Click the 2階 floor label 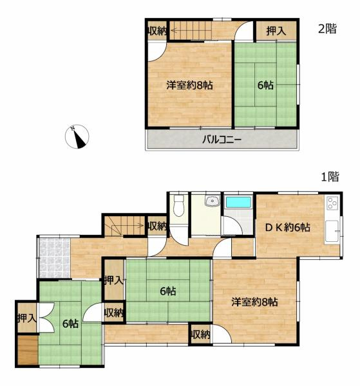click(x=327, y=28)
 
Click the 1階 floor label click(x=330, y=176)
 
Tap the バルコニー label click(x=221, y=139)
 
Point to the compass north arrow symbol click(x=78, y=137)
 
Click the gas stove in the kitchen click(x=332, y=204)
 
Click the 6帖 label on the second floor click(x=265, y=84)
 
